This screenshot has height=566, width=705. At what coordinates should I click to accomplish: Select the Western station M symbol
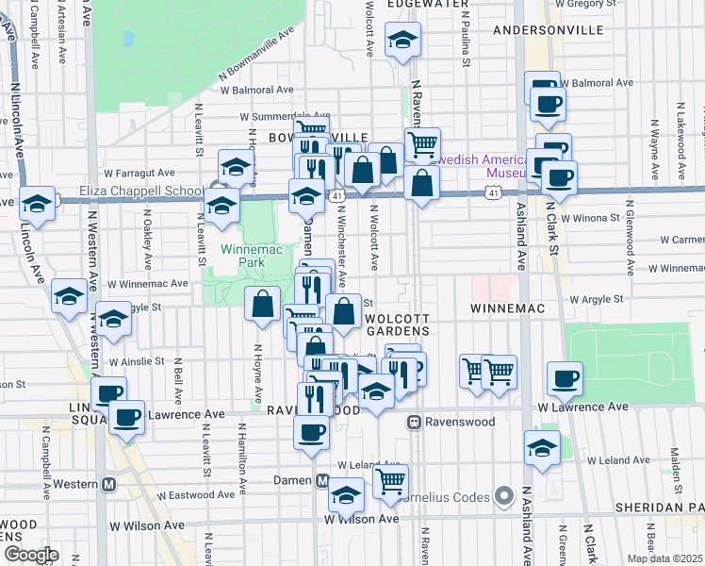[108, 484]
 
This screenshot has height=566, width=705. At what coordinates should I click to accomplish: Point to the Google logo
[30, 555]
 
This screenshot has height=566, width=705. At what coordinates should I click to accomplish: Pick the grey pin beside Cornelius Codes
[504, 495]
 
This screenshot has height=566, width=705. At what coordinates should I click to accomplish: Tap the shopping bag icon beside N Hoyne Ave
[263, 304]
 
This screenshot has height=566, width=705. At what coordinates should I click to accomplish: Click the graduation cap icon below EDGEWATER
[403, 40]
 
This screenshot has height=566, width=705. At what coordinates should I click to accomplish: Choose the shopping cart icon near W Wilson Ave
[389, 481]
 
